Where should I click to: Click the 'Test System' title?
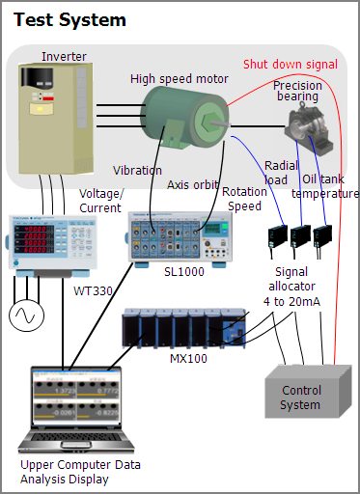point(69,20)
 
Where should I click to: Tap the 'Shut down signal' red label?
point(291,65)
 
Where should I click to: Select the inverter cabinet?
point(56,119)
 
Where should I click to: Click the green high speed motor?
point(184,118)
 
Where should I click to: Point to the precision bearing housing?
point(309,128)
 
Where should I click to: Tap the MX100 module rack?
point(184,328)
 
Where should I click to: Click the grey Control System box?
point(308,392)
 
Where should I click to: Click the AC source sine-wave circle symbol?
point(26,316)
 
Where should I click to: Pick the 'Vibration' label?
point(137,171)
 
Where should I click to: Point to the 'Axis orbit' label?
point(193,185)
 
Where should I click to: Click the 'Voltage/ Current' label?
point(101,201)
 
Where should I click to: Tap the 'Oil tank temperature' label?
point(325,186)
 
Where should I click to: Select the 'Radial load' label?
point(281,173)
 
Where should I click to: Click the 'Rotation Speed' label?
point(244,199)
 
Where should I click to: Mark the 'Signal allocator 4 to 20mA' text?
point(291,287)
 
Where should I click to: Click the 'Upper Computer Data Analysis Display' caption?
point(80,472)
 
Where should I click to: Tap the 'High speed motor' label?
point(180,79)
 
